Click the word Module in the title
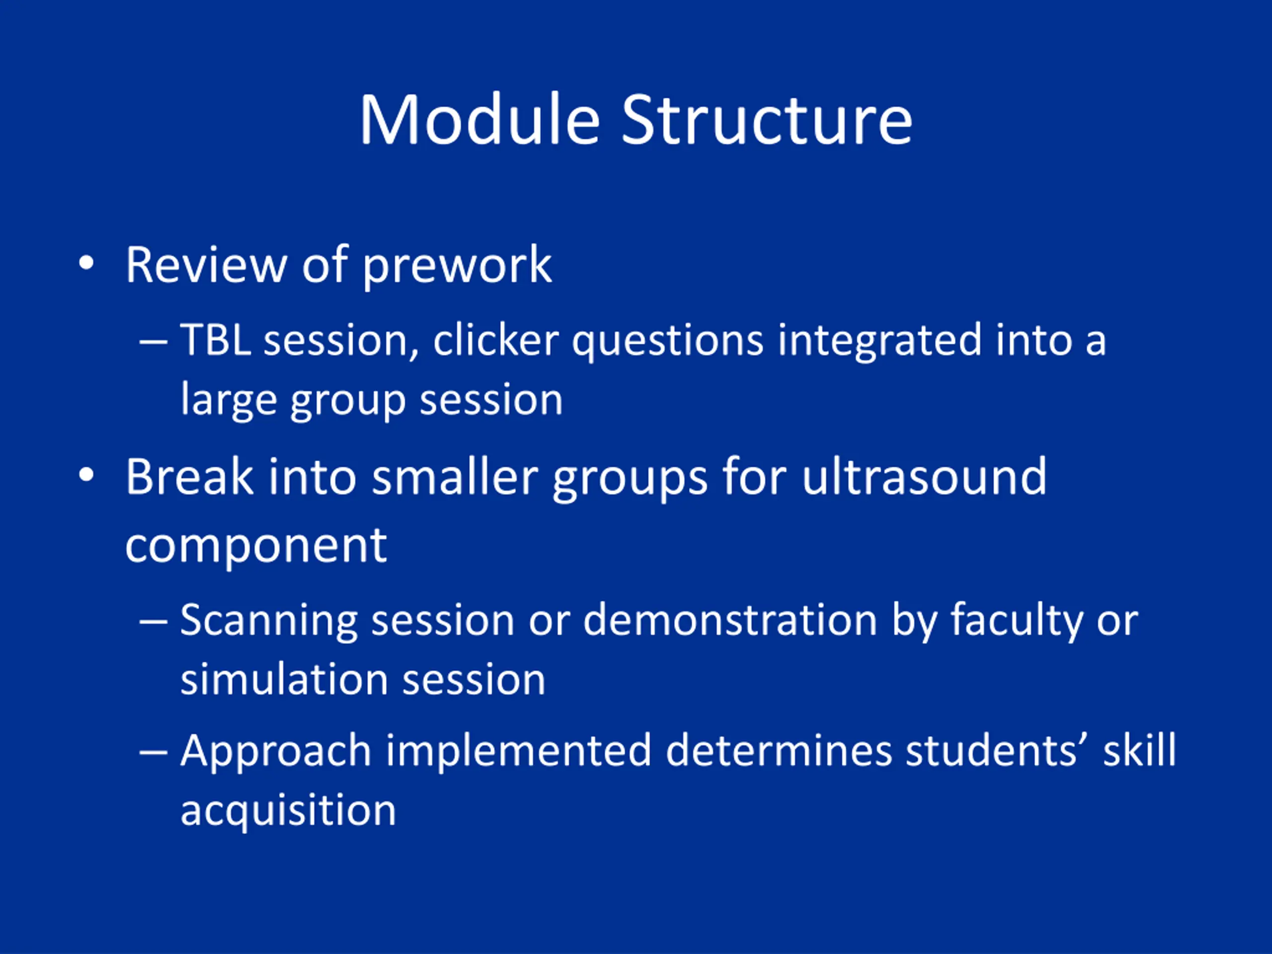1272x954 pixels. click(x=480, y=120)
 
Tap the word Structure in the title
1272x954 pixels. click(x=767, y=120)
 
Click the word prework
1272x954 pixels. click(x=457, y=266)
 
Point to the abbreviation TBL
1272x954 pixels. click(x=216, y=340)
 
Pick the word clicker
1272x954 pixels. click(x=496, y=340)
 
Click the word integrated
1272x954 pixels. click(x=879, y=342)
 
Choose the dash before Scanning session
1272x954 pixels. click(x=154, y=622)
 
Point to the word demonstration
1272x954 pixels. click(x=730, y=621)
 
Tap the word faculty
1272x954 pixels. click(x=1016, y=623)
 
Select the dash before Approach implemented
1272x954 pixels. click(x=154, y=752)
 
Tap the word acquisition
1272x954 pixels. click(x=288, y=811)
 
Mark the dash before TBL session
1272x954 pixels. click(x=154, y=341)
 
